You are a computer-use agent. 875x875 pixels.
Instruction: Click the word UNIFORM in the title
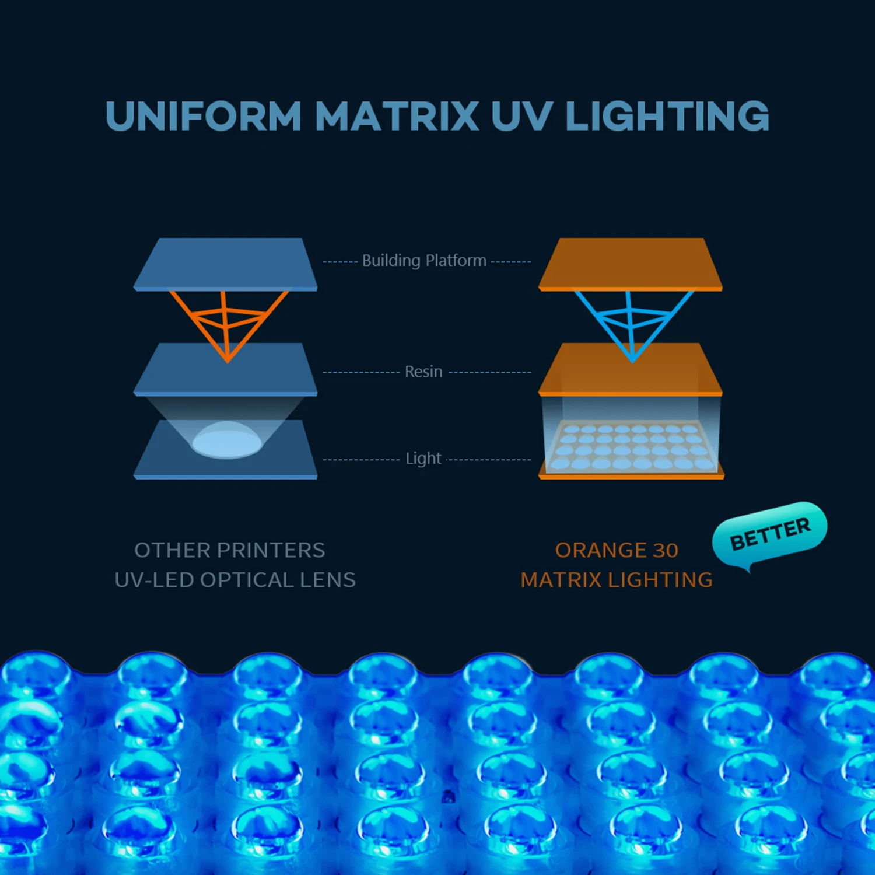203,116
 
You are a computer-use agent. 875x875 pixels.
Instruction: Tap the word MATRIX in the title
397,116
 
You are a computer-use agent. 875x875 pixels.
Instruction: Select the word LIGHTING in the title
667,116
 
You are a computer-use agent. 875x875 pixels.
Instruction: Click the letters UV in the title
521,116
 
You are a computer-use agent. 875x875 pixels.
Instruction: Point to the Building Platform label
424,260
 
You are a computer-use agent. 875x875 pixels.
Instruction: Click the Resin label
423,372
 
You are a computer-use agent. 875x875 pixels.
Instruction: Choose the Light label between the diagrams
423,459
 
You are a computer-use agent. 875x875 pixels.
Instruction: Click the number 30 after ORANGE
666,550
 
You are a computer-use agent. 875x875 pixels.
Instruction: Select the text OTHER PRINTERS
230,550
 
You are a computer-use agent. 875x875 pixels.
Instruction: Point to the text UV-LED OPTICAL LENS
235,580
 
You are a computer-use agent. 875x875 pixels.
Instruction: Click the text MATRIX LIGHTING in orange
617,580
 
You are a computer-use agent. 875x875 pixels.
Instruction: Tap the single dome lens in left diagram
227,439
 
